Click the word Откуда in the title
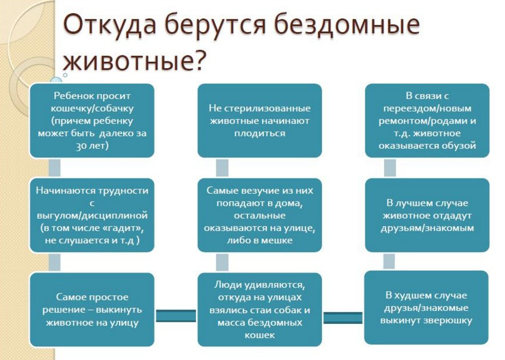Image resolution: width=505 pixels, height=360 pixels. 109,25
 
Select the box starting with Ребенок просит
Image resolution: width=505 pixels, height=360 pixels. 92,121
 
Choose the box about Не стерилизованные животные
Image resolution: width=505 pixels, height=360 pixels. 259,121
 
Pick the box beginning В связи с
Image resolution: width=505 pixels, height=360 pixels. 427,121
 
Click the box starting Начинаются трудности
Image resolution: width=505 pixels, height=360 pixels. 92,215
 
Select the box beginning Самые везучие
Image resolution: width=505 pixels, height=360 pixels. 259,215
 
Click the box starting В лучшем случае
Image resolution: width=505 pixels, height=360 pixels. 427,215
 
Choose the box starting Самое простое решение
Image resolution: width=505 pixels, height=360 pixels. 92,310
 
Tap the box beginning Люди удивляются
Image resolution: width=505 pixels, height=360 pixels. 259,310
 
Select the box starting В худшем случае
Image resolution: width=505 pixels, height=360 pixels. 427,307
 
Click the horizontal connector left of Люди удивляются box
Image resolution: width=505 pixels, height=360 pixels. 176,315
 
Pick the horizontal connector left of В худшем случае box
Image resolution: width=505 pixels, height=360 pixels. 343,318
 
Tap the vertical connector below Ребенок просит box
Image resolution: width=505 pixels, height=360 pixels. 55,168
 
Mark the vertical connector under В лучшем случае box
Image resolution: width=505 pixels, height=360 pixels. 389,261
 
